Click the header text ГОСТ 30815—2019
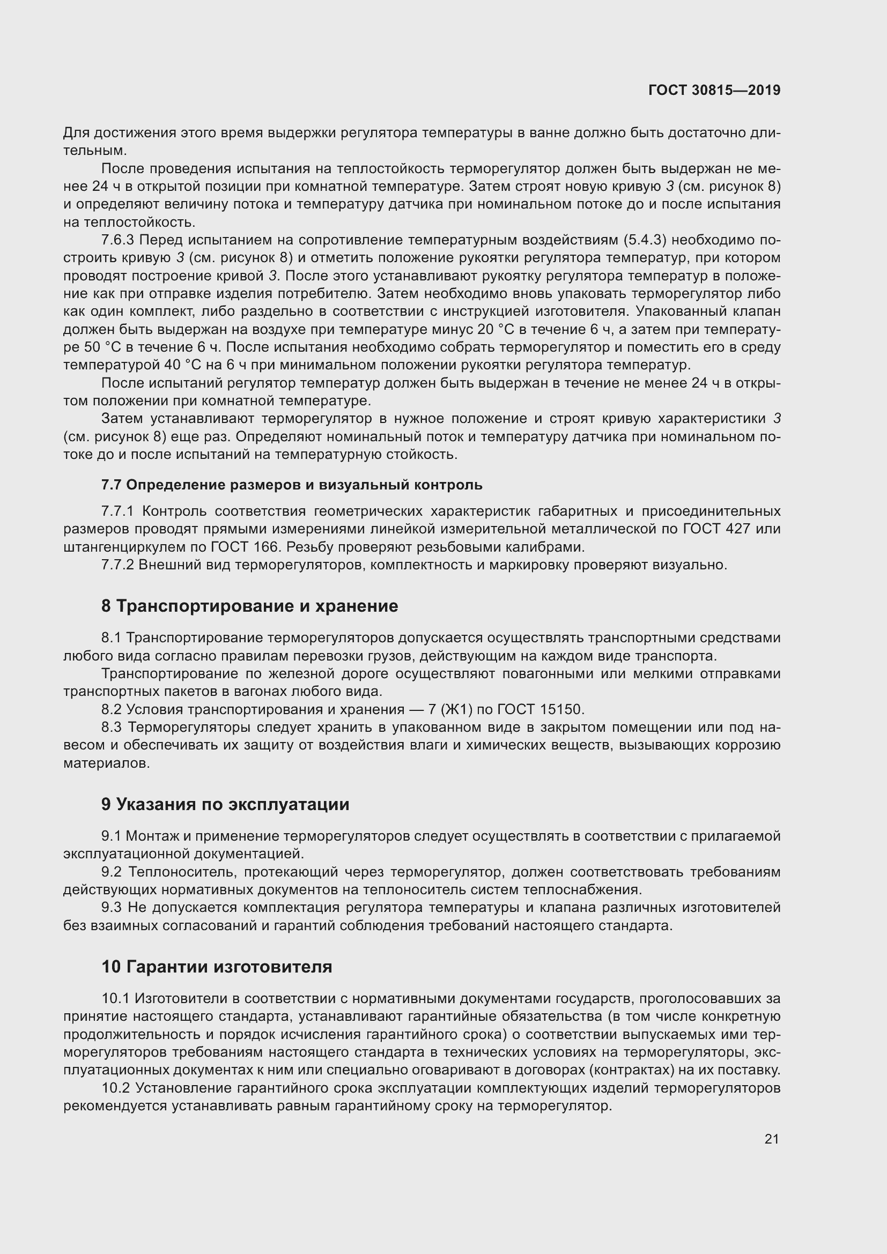[x=714, y=90]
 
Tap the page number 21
[x=771, y=1139]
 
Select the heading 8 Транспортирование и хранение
[x=249, y=606]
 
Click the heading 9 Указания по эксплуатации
[x=225, y=805]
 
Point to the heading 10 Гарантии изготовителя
[x=216, y=967]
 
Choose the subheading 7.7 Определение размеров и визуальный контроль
[x=292, y=485]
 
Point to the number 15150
[x=562, y=709]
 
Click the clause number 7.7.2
[x=117, y=565]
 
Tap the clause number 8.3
[x=114, y=728]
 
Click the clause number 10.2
[x=115, y=1088]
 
